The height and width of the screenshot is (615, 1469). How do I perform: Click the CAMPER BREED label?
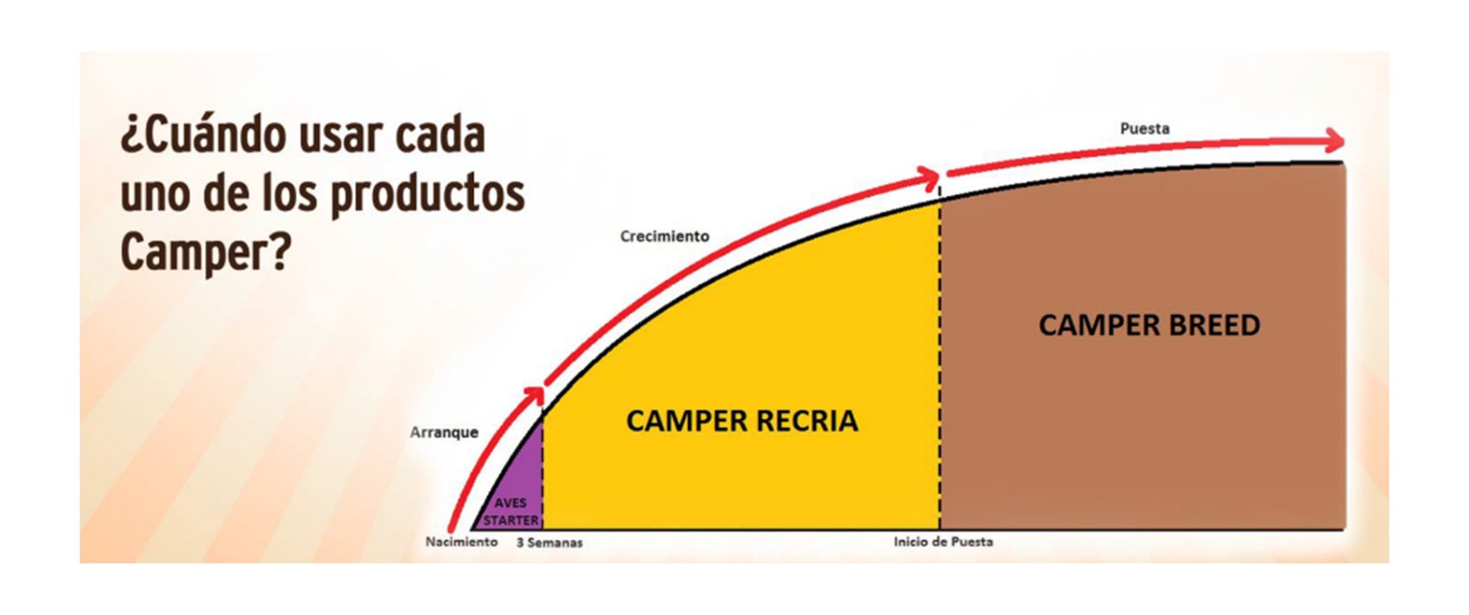point(1149,326)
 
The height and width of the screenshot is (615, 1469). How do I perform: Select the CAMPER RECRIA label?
point(742,421)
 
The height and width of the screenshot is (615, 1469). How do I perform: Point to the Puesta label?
point(1144,129)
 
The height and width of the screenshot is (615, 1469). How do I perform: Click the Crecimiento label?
point(664,237)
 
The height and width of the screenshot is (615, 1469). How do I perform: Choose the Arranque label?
point(444,433)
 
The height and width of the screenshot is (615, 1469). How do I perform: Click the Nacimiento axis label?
point(461,542)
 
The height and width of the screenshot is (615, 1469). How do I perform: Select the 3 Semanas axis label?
point(549,543)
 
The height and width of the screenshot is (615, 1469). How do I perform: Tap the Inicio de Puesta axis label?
point(943,542)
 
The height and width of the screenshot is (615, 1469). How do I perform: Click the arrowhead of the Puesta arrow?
point(1334,141)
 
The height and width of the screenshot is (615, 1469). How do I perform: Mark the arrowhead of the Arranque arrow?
point(535,395)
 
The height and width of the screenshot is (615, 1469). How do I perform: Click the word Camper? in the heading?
point(205,251)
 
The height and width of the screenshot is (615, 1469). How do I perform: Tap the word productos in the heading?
point(427,195)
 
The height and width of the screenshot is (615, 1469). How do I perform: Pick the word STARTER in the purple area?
point(510,520)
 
